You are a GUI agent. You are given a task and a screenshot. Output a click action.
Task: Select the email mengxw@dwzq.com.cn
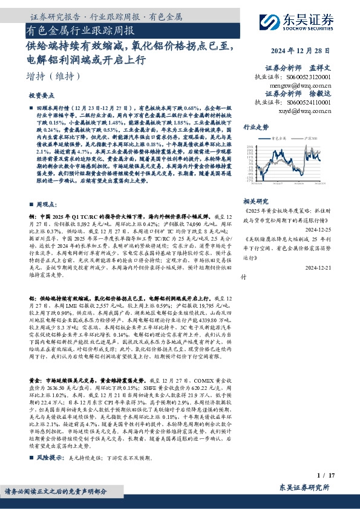click(x=301, y=86)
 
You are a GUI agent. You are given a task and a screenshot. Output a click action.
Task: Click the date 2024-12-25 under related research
click(x=318, y=230)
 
